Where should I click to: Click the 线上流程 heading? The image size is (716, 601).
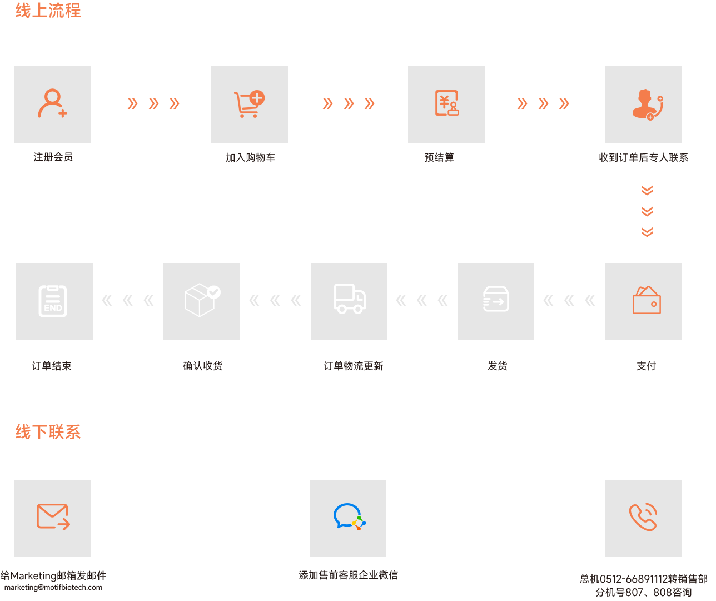click(x=48, y=11)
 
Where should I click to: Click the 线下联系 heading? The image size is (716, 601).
click(x=48, y=432)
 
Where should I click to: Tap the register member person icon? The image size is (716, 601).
click(x=52, y=103)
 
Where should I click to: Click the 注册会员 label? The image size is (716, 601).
click(x=53, y=157)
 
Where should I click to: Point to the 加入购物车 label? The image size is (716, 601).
click(x=250, y=158)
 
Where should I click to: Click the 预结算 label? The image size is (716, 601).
click(x=439, y=158)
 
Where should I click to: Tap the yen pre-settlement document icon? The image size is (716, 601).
click(x=447, y=103)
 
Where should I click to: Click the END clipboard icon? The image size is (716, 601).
click(x=53, y=301)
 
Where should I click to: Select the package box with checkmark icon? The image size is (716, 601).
click(x=202, y=300)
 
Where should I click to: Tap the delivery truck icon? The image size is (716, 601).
click(x=350, y=299)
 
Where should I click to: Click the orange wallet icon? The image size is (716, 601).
click(x=647, y=300)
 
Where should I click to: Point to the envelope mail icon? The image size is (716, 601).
click(x=53, y=516)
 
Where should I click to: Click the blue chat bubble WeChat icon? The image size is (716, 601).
click(x=349, y=516)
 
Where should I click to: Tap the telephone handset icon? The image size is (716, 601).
click(x=643, y=517)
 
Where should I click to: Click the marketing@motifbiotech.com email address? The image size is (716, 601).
click(x=53, y=588)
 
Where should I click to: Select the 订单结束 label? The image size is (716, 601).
click(x=52, y=366)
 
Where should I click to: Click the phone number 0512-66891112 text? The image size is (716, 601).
click(x=634, y=579)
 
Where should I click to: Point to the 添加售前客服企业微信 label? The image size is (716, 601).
click(x=349, y=575)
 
